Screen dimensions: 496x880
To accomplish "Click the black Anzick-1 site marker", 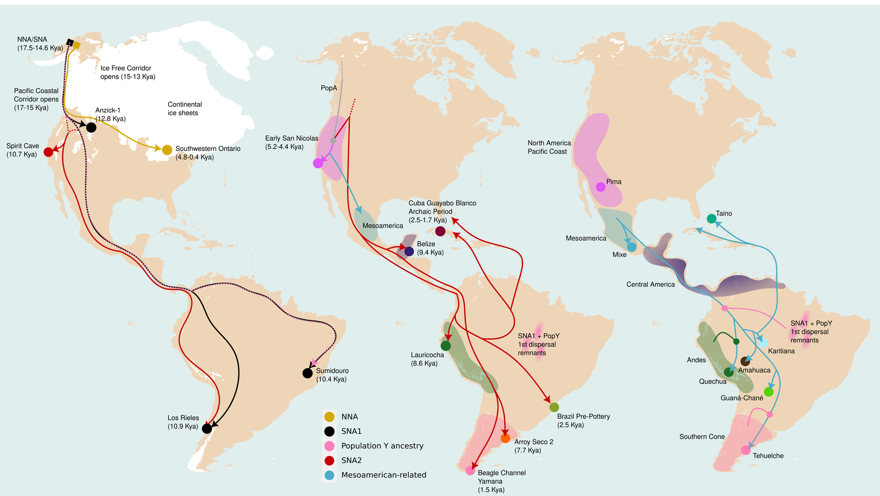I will click(x=91, y=128).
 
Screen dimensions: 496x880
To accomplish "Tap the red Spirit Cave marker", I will click(x=48, y=152).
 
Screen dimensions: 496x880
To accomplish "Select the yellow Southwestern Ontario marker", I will click(x=167, y=150).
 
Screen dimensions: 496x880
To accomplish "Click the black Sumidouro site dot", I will click(x=307, y=373).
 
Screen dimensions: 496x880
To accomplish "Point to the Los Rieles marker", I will click(x=207, y=428).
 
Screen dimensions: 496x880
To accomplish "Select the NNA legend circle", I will click(x=329, y=417).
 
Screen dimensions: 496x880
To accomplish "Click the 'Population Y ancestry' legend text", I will click(x=382, y=446).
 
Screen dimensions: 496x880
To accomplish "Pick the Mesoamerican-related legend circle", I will click(x=329, y=475).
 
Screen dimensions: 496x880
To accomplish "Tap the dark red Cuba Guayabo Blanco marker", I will click(x=440, y=231).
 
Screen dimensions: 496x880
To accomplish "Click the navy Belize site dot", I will click(x=409, y=252).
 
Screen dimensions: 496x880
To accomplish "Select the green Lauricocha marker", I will click(x=446, y=346).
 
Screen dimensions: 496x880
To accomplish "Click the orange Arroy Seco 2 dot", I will click(x=505, y=439).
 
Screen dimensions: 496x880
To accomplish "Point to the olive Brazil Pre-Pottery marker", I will click(x=554, y=407).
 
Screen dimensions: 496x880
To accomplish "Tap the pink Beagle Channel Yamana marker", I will click(x=470, y=471).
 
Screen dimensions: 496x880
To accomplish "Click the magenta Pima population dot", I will click(x=601, y=187).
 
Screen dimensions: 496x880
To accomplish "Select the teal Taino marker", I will click(x=711, y=219).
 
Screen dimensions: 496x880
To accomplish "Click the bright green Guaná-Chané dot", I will click(x=768, y=392).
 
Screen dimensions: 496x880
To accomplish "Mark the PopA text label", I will click(x=329, y=88).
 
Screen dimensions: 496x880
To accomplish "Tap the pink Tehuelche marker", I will click(x=746, y=450).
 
